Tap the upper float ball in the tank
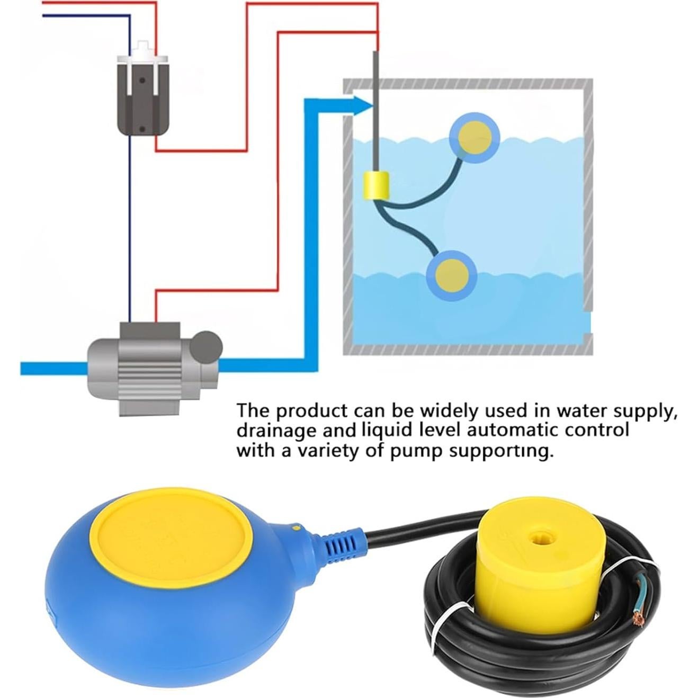[x=475, y=137]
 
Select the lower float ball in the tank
[x=452, y=275]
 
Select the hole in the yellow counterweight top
[x=539, y=538]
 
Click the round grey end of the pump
[x=206, y=347]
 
